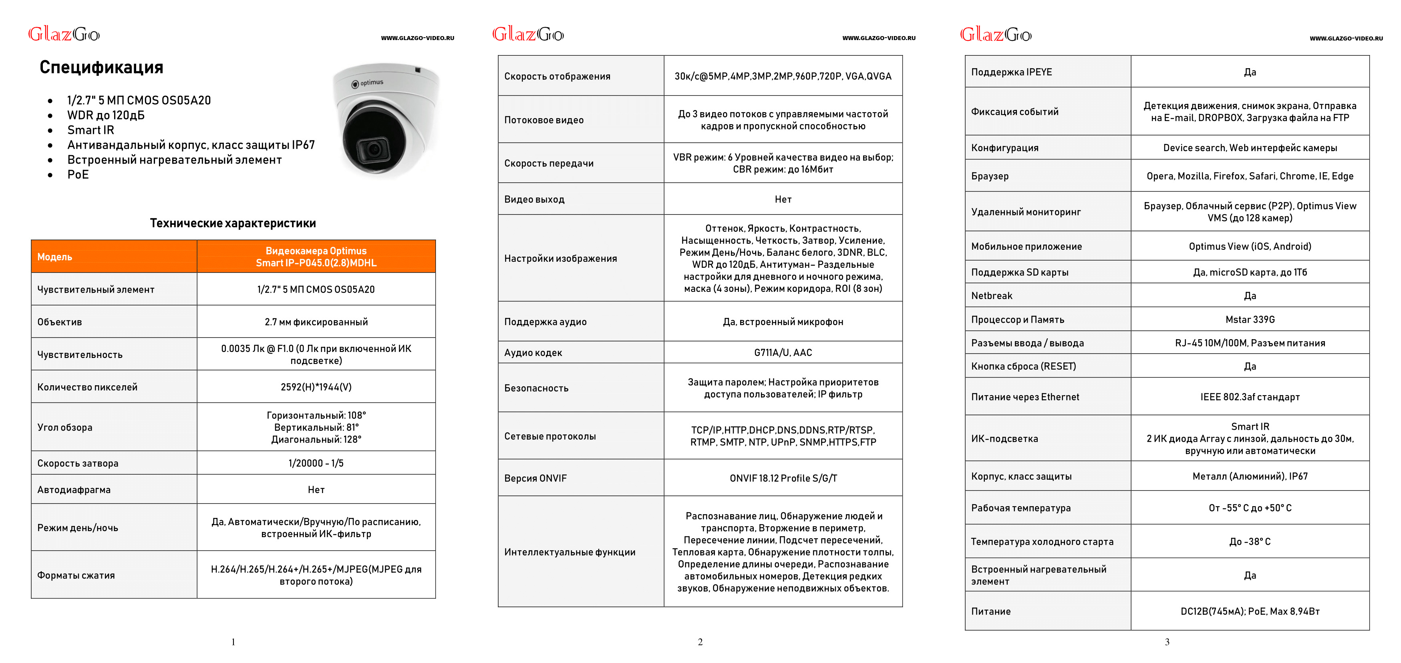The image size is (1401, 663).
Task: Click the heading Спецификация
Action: [x=101, y=67]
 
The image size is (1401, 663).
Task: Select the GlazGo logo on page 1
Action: [x=64, y=34]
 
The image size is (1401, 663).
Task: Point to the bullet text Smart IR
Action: [x=91, y=130]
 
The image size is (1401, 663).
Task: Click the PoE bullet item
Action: [x=78, y=175]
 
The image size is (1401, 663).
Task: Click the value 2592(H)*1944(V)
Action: [x=316, y=387]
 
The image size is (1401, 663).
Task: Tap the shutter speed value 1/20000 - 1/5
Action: [x=316, y=463]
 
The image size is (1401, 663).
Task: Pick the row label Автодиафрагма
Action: [x=74, y=490]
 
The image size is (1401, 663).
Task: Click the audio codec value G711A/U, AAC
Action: [x=783, y=353]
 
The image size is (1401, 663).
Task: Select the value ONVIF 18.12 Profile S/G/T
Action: [x=783, y=479]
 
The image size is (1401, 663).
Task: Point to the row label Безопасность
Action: [x=536, y=388]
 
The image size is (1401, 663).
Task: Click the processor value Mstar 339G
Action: [x=1250, y=319]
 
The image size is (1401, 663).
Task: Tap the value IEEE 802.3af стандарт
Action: [x=1250, y=397]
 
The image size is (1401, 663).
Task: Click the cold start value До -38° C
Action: [x=1250, y=542]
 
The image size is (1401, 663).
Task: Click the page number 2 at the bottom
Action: [x=700, y=642]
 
